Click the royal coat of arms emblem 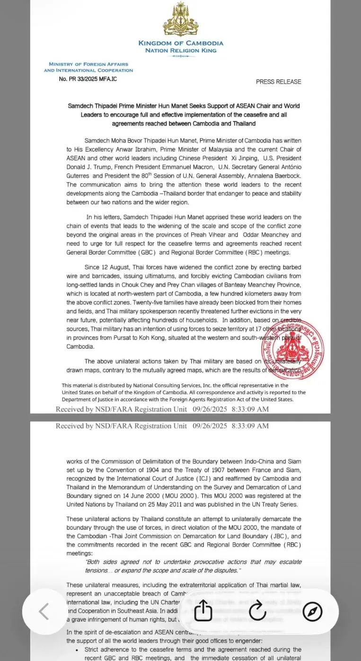pyautogui.click(x=181, y=19)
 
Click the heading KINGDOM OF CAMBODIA pyautogui.click(x=181, y=43)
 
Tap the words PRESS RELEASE pyautogui.click(x=278, y=82)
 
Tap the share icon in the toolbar pyautogui.click(x=203, y=611)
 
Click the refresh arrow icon pyautogui.click(x=257, y=611)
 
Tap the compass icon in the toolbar pyautogui.click(x=312, y=611)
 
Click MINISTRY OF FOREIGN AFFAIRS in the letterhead pyautogui.click(x=88, y=64)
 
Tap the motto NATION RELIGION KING pyautogui.click(x=181, y=50)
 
